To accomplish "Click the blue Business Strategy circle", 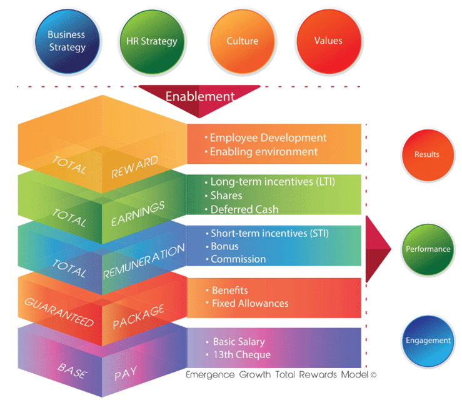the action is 68,41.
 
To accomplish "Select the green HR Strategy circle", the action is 152,41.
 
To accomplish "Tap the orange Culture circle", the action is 243,41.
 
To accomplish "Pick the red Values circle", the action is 329,41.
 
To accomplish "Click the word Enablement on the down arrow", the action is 200,97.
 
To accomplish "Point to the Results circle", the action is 428,155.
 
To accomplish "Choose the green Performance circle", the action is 428,249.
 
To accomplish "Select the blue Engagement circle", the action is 428,341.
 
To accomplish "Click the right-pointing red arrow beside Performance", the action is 378,249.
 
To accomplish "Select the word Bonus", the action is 225,246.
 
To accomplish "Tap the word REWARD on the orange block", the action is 134,167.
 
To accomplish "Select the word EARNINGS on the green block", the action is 138,214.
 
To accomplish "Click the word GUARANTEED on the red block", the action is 59,312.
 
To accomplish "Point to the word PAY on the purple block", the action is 126,374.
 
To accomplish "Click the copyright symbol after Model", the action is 373,375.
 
